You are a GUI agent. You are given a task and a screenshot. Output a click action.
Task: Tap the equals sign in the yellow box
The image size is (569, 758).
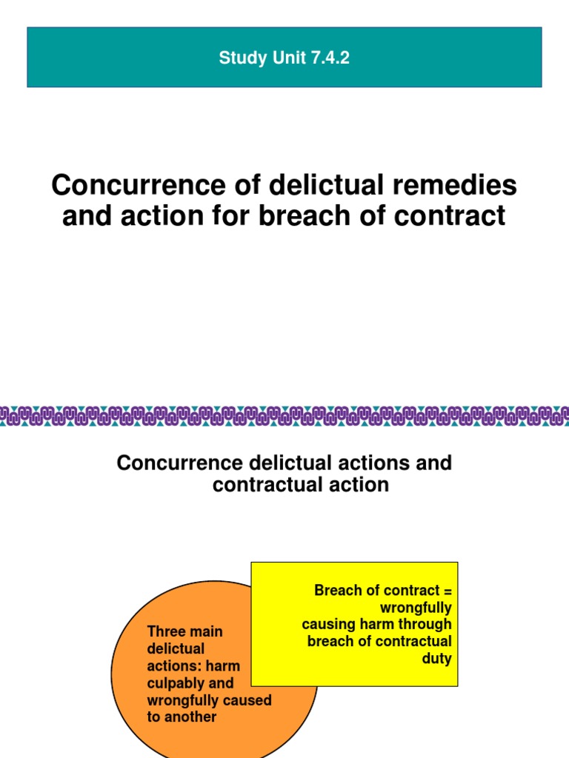(446, 591)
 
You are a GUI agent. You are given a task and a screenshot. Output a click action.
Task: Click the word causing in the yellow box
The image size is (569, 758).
(327, 625)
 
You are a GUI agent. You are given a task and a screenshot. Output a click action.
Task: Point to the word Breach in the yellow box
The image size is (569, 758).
(336, 591)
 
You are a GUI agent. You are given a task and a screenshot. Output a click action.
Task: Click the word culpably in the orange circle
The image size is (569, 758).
(173, 682)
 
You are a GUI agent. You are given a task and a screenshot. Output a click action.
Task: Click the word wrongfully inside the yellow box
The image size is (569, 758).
(415, 608)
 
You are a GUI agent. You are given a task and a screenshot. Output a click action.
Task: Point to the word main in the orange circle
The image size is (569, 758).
(204, 631)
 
